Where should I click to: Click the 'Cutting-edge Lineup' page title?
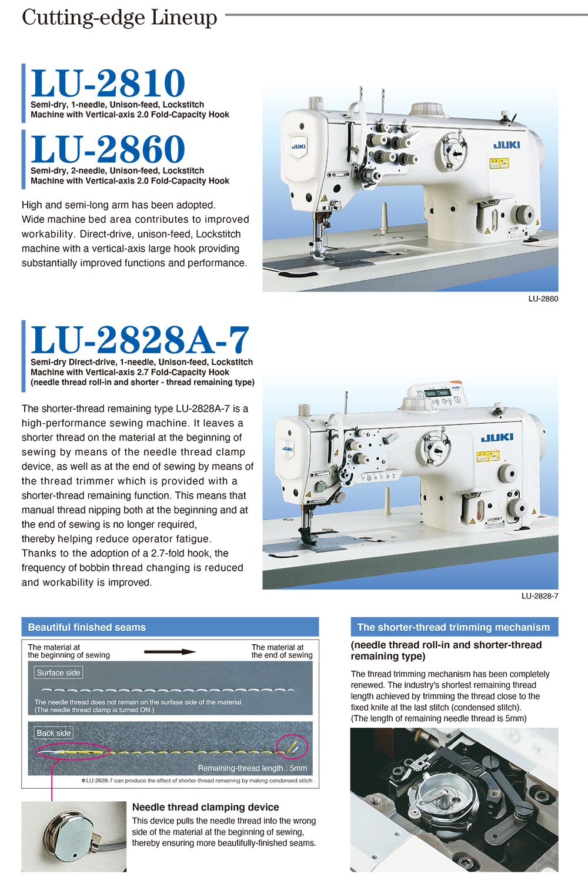tap(119, 18)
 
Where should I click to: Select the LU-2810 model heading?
tap(108, 83)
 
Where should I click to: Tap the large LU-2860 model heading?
tap(108, 149)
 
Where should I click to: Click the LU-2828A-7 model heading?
tap(140, 340)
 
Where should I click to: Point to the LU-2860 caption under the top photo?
tap(543, 299)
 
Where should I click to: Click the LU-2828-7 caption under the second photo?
tap(539, 596)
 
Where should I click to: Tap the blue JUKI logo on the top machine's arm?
tap(506, 145)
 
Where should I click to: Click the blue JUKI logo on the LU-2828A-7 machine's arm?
tap(497, 437)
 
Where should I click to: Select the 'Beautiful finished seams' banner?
tap(170, 627)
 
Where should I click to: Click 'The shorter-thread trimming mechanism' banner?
tap(453, 627)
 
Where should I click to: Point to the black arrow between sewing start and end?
tap(170, 651)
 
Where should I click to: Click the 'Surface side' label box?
tap(58, 672)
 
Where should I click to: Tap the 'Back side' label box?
tap(54, 733)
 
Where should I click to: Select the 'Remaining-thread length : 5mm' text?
tap(252, 768)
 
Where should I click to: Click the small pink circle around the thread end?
tap(292, 747)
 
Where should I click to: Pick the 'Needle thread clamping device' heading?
tap(205, 807)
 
